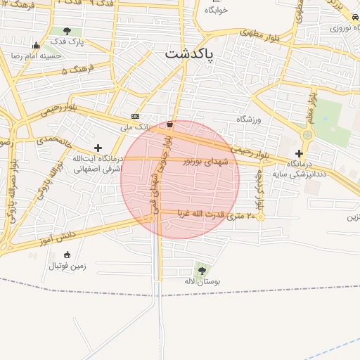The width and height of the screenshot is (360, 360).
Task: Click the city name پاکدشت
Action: coord(190,53)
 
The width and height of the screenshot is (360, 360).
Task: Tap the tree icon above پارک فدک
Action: coord(67,31)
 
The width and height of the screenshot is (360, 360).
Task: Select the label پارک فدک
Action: coord(67,42)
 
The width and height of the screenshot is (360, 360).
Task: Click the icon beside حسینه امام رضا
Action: coord(36,46)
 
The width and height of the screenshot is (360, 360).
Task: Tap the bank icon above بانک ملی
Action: coord(135,117)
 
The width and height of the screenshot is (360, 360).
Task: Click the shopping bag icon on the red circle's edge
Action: coord(169,124)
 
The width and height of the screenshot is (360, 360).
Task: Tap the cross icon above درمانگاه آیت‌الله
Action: coord(98,148)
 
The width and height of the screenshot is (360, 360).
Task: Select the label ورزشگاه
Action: coord(248,120)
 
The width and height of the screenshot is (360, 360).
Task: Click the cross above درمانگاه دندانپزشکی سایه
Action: coord(299,153)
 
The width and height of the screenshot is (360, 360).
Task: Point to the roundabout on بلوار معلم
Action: coord(307,135)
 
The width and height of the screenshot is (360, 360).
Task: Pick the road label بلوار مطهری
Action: coord(261,33)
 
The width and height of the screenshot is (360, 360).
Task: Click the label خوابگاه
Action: coord(217,11)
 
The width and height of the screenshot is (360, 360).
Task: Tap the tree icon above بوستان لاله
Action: coord(202,270)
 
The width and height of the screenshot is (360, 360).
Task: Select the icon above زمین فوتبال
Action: coord(67,255)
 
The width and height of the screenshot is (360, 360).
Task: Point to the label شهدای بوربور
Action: coord(207,161)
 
